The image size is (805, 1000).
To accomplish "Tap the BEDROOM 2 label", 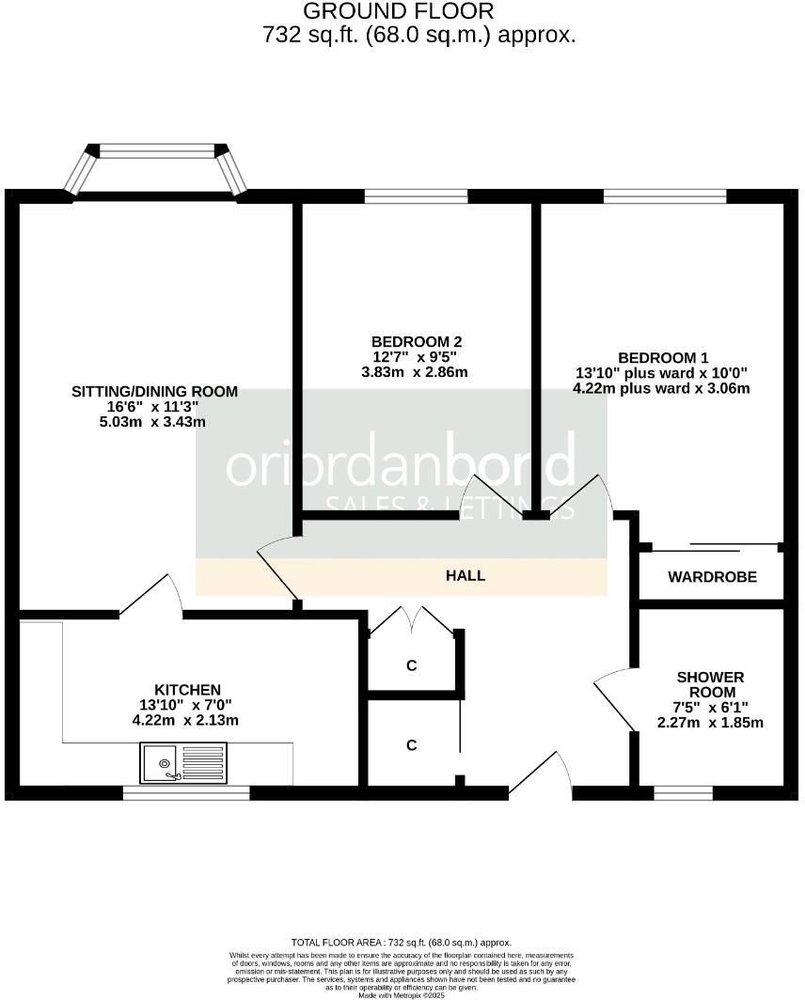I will pyautogui.click(x=417, y=341).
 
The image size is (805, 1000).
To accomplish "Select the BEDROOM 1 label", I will pyautogui.click(x=662, y=357).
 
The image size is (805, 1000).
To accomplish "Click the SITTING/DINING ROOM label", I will pyautogui.click(x=154, y=391).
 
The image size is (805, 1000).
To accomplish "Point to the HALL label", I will pyautogui.click(x=466, y=575).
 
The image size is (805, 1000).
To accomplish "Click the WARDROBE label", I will pyautogui.click(x=712, y=577).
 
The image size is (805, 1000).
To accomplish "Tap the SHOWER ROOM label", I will pyautogui.click(x=710, y=684).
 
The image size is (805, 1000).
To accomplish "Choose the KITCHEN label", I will pyautogui.click(x=188, y=689).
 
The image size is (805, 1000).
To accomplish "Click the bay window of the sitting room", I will pyautogui.click(x=157, y=151).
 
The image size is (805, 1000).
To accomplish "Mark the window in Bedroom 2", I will pyautogui.click(x=416, y=195).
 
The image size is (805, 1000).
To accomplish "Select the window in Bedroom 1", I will pyautogui.click(x=664, y=195).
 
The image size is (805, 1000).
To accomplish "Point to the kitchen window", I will pyautogui.click(x=186, y=793).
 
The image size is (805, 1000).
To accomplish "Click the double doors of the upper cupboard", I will pyautogui.click(x=412, y=619).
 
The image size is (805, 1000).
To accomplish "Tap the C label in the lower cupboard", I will pyautogui.click(x=411, y=745).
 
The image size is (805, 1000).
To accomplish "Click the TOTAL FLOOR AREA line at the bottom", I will pyautogui.click(x=402, y=942).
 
